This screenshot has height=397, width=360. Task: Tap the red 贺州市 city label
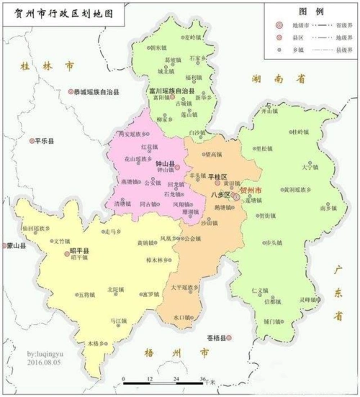pyautogui.click(x=251, y=191)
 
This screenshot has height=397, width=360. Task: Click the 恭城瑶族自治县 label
pyautogui.click(x=97, y=91)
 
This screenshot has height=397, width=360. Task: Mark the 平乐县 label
pyautogui.click(x=45, y=142)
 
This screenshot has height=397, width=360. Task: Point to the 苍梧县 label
pyautogui.click(x=217, y=337)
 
